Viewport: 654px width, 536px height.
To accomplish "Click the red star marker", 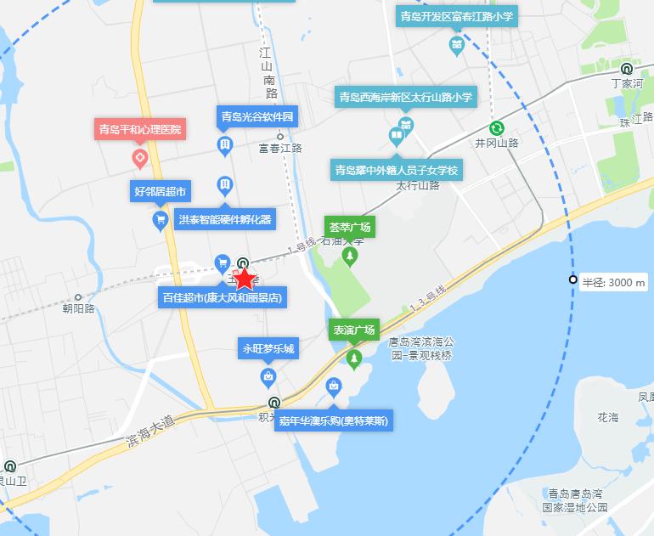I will [245, 279].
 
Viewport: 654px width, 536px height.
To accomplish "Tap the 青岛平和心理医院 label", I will [139, 130].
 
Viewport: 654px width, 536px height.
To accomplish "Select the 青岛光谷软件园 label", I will [257, 117].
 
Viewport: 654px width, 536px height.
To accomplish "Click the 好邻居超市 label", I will [160, 191].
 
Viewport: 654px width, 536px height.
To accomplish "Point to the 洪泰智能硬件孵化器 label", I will [225, 219].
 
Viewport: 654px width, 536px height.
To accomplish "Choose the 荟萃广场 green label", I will [349, 228].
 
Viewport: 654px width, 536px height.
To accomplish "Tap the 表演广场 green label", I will [353, 330].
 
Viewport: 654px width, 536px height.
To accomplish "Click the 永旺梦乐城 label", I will [268, 348].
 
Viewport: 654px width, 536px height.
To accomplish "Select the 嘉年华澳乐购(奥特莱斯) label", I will [334, 420].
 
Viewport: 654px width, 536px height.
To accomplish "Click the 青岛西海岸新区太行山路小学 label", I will [406, 98].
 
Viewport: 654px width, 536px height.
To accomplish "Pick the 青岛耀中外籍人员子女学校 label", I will [397, 171].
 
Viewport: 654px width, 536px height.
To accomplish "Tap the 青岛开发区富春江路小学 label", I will [458, 16].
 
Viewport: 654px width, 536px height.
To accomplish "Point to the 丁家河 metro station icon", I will [626, 70].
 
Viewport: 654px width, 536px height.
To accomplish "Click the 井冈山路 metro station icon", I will [497, 128].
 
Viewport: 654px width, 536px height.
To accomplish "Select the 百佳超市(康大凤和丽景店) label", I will [223, 298].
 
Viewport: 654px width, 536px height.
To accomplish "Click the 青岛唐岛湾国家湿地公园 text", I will [578, 499].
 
